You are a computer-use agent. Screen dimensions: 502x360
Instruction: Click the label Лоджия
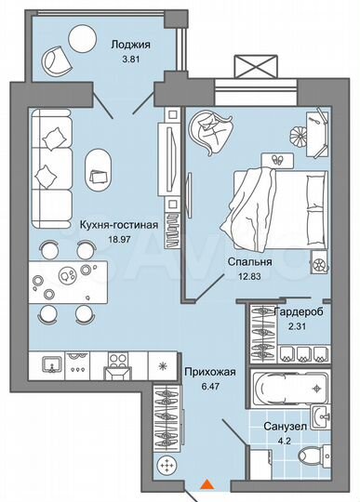pyautogui.click(x=130, y=43)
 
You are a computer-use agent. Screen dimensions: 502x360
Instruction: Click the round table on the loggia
pyautogui.click(x=83, y=38)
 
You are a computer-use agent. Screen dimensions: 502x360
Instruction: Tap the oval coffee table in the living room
pyautogui.click(x=100, y=166)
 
